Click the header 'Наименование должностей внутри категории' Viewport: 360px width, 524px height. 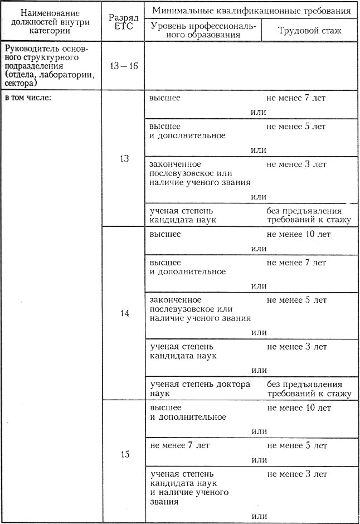click(x=54, y=21)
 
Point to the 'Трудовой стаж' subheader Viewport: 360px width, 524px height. click(x=310, y=30)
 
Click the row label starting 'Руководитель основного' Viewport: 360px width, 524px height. click(x=50, y=66)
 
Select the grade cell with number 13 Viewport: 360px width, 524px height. click(x=124, y=159)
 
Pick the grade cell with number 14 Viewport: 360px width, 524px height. click(x=124, y=313)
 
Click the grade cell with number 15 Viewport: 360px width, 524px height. click(x=125, y=454)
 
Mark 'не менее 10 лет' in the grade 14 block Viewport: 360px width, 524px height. click(x=299, y=234)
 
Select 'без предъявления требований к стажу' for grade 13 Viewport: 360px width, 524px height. click(x=309, y=215)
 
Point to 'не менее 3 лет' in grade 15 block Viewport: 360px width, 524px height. click(x=297, y=474)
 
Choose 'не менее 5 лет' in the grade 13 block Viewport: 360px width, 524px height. click(x=296, y=127)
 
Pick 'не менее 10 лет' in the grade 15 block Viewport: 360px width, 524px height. click(x=299, y=408)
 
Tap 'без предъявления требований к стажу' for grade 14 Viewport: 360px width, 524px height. click(x=309, y=389)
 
